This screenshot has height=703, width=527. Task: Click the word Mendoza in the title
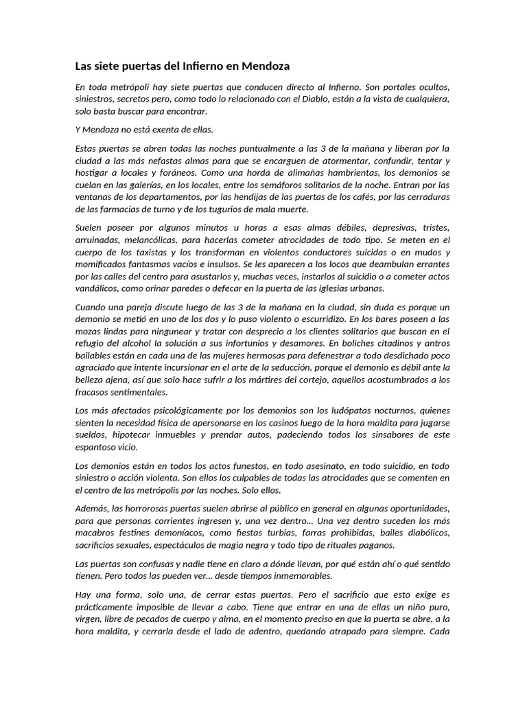[266, 67]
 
